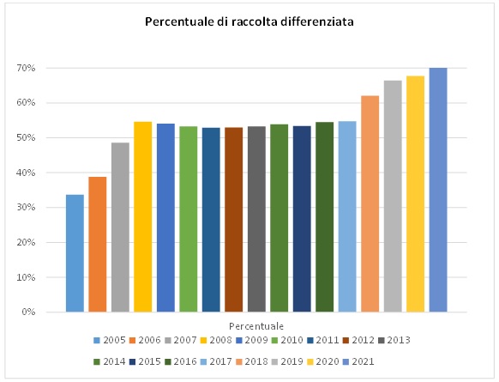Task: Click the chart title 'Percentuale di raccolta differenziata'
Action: click(x=249, y=22)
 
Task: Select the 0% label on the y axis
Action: click(x=52, y=312)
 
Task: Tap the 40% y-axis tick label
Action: click(x=50, y=173)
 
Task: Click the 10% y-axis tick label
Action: click(x=50, y=277)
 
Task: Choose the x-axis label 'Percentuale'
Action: click(x=256, y=326)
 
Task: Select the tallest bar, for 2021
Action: click(x=437, y=190)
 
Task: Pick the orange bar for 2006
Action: click(x=98, y=245)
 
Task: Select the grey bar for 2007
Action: click(x=120, y=227)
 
